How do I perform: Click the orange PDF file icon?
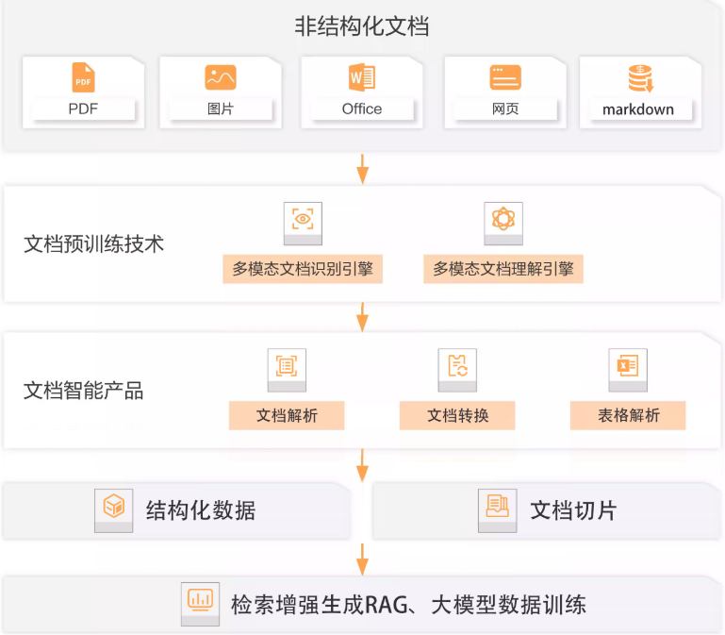[x=83, y=77]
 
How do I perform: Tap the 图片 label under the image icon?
[x=221, y=109]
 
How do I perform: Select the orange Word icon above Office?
[x=362, y=76]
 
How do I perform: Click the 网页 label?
[x=505, y=109]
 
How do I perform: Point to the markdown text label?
[x=638, y=109]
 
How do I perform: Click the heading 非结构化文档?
[x=362, y=25]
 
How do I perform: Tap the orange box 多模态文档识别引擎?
[x=303, y=269]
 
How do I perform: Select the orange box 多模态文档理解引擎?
[x=503, y=269]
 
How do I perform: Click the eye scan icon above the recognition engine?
[x=303, y=219]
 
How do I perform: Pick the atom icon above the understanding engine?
[x=503, y=219]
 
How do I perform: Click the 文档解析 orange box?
[x=287, y=415]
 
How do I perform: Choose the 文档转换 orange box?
[x=457, y=415]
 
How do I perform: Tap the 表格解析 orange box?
[x=628, y=415]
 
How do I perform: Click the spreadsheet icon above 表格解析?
[x=628, y=366]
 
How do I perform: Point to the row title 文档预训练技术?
[x=94, y=244]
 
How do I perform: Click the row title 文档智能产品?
[x=84, y=391]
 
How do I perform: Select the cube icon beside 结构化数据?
[x=114, y=506]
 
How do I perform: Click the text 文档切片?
[x=573, y=511]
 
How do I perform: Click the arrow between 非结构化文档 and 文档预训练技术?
[x=362, y=169]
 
